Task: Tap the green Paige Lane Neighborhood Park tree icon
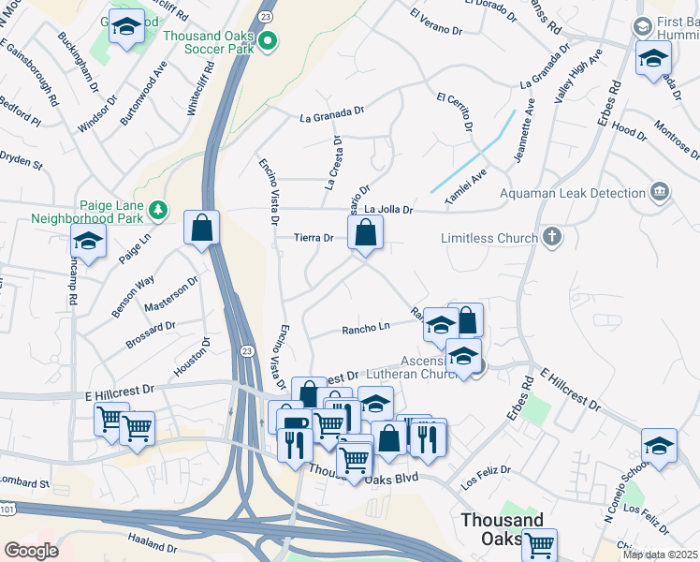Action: pos(160,208)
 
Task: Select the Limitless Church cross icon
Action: pos(552,238)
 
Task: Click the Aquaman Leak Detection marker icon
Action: pos(660,192)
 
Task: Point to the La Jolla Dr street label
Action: pos(388,210)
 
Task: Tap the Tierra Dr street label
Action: pos(314,238)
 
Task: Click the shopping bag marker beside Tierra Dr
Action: pos(366,233)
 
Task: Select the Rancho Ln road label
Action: pos(365,328)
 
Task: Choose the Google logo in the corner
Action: pos(31,550)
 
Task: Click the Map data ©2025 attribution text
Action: pos(659,555)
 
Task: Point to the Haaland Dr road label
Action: pos(152,546)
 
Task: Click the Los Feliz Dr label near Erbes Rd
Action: pos(487,473)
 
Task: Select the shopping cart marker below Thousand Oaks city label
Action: pos(540,544)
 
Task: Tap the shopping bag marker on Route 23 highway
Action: pos(202,228)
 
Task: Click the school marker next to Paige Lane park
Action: pos(88,243)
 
